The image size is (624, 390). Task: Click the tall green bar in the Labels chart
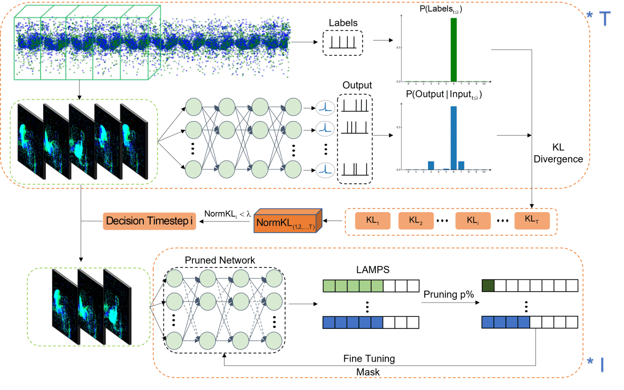click(453, 49)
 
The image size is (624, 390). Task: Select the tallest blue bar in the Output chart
click(453, 137)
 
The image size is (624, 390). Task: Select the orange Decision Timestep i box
click(149, 222)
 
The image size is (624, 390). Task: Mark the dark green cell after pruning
click(487, 286)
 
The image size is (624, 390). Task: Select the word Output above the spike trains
click(357, 85)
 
